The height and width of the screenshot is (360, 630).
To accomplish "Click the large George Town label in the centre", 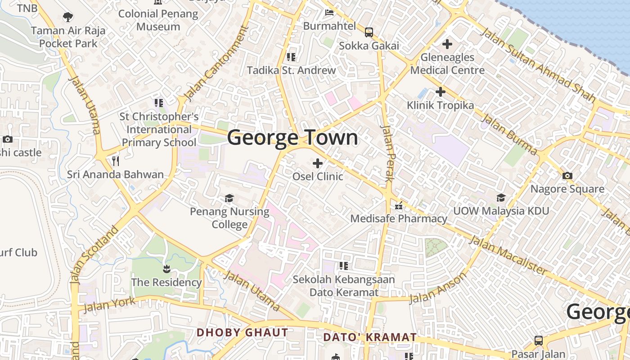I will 292,138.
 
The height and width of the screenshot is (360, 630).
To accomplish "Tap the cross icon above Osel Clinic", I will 318,163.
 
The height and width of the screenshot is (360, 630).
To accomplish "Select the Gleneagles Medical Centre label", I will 447,64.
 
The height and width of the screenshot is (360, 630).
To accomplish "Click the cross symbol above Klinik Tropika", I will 441,92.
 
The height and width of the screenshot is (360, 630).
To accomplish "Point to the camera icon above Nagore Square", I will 567,175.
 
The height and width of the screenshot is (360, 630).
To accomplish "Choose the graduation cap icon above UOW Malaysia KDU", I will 501,198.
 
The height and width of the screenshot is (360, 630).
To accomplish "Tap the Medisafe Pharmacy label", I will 399,219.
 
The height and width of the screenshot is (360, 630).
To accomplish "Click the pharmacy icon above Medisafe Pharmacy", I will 398,207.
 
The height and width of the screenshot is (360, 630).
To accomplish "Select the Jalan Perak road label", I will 387,153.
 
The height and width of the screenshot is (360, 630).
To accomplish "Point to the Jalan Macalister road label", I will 508,255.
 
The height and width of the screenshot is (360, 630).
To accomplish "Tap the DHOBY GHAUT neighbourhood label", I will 243,333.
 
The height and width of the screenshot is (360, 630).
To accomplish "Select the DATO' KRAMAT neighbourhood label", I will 370,337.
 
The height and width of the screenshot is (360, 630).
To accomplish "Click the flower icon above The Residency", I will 166,269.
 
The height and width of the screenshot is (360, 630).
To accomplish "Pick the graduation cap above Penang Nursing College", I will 229,198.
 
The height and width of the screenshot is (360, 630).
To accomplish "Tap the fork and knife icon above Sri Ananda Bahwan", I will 116,161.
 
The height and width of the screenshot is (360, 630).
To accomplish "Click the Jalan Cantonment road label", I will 216,63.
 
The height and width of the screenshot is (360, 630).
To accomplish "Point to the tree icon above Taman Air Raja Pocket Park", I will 68,18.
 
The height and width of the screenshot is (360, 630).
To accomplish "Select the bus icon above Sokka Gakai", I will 369,32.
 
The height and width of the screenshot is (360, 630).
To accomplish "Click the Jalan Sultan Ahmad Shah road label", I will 538,66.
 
